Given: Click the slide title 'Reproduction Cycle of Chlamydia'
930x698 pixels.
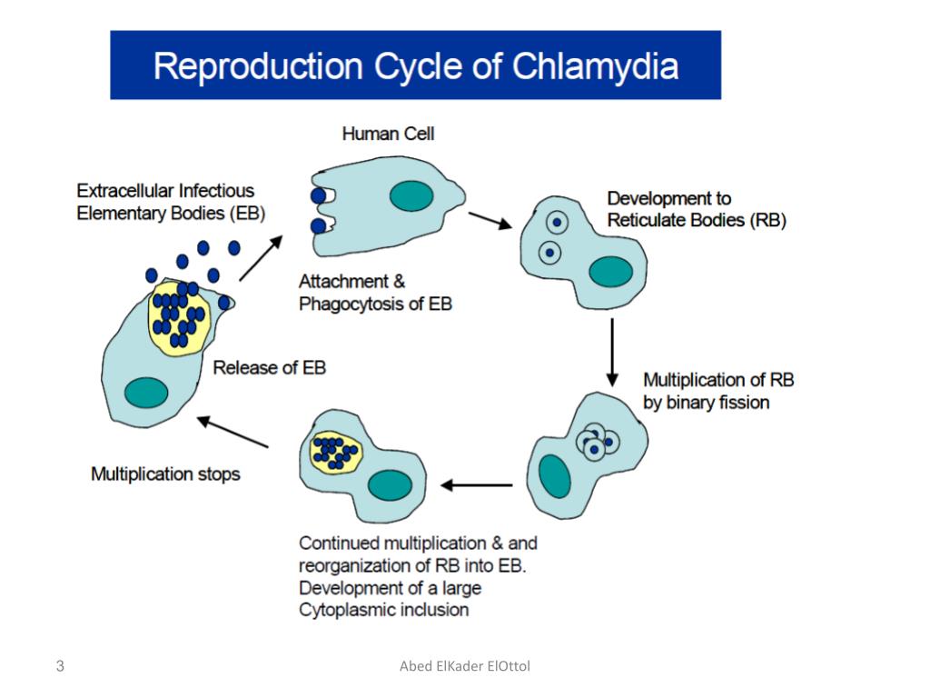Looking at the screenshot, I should click(x=416, y=67).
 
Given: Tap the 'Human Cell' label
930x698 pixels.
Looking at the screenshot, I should click(x=388, y=134).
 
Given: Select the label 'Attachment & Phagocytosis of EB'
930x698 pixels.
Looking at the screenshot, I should click(x=374, y=293).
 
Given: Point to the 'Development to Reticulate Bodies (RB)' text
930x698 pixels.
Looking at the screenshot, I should click(x=697, y=209).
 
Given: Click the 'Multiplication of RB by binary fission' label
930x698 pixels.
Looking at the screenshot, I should click(x=717, y=390).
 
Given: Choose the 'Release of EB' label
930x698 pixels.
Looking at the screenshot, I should click(x=269, y=368).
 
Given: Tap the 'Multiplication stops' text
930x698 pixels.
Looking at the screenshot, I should click(x=166, y=474).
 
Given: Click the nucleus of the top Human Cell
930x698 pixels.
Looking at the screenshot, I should click(x=411, y=195).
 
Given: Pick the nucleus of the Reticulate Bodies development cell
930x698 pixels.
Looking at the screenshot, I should click(x=610, y=271).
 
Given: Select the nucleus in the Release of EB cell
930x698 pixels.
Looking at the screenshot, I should click(x=145, y=393).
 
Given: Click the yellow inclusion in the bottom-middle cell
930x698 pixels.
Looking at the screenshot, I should click(x=336, y=452).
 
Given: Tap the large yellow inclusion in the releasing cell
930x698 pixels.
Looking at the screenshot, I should click(x=179, y=319).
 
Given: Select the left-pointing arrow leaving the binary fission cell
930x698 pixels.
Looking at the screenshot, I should click(x=476, y=485).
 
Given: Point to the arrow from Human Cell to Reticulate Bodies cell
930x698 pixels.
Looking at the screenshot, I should click(x=490, y=221).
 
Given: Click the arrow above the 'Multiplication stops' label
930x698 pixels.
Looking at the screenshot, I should click(x=233, y=432).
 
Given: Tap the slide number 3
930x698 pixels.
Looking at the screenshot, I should click(x=60, y=667).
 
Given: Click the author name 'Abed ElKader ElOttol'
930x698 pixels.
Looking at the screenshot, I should click(x=465, y=667).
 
